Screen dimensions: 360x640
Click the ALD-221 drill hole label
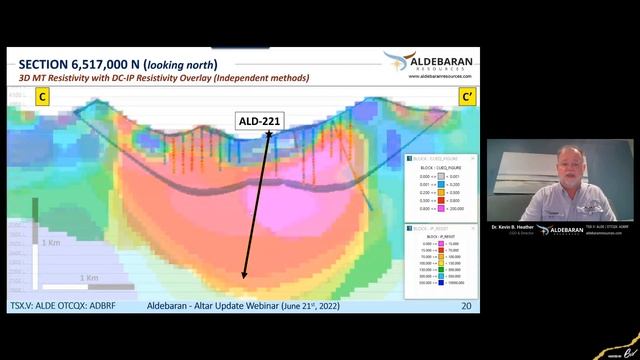tap(259, 122)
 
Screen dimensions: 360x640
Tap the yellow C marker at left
tap(44, 97)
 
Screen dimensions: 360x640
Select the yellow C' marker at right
tap(466, 97)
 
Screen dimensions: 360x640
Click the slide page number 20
tap(466, 305)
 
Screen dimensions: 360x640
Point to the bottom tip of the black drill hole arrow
tap(243, 278)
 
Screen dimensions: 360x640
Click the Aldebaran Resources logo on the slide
tap(429, 60)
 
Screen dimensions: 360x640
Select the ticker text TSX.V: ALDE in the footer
tap(31, 305)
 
